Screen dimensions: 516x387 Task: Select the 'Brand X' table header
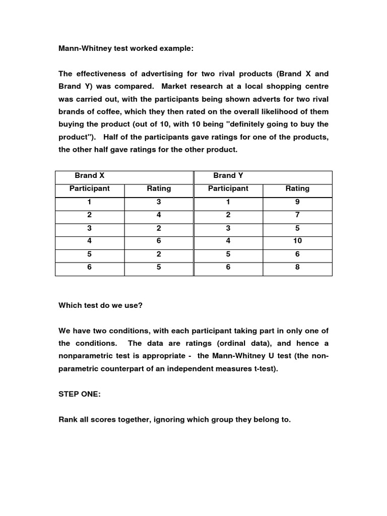click(x=90, y=176)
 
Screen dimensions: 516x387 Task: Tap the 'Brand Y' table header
click(x=228, y=176)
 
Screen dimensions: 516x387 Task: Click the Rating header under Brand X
click(x=159, y=188)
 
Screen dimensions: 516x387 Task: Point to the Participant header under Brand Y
click(x=228, y=188)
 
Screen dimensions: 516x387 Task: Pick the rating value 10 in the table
click(x=297, y=241)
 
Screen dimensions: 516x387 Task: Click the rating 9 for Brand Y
click(x=297, y=202)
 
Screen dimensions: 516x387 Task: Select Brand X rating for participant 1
click(x=159, y=202)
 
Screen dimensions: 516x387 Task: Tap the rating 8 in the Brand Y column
click(x=297, y=268)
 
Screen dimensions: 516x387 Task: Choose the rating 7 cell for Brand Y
click(x=297, y=215)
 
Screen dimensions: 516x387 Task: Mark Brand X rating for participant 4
click(x=159, y=241)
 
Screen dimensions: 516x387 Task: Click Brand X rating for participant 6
click(x=159, y=268)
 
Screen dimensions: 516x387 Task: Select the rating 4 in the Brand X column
click(x=159, y=215)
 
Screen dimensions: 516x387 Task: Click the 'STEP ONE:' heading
click(x=80, y=395)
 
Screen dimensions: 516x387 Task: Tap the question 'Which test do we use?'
click(x=101, y=305)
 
